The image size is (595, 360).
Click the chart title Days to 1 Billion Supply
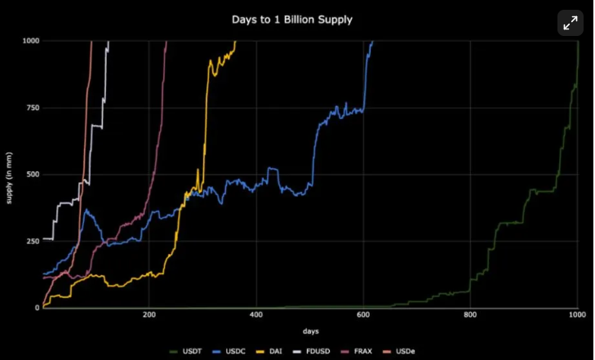(291, 19)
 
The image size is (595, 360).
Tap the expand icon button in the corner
(571, 23)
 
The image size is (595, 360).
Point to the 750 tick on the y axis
(33, 107)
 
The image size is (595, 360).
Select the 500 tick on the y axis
(33, 174)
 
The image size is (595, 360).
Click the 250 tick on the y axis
(33, 241)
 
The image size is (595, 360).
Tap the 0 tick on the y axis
(37, 308)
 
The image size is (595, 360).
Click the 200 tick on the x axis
(149, 314)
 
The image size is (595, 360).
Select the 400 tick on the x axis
(256, 314)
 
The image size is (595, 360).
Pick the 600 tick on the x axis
(363, 314)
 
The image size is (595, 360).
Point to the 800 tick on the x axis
(471, 314)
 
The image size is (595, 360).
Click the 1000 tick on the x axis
(576, 314)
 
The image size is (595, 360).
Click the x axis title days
(310, 331)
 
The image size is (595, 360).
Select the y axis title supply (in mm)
(10, 175)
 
